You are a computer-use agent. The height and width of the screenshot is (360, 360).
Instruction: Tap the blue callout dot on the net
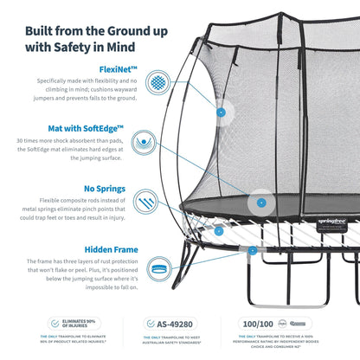click(x=222, y=112)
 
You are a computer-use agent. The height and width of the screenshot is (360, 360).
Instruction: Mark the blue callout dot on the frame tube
click(x=252, y=249)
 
